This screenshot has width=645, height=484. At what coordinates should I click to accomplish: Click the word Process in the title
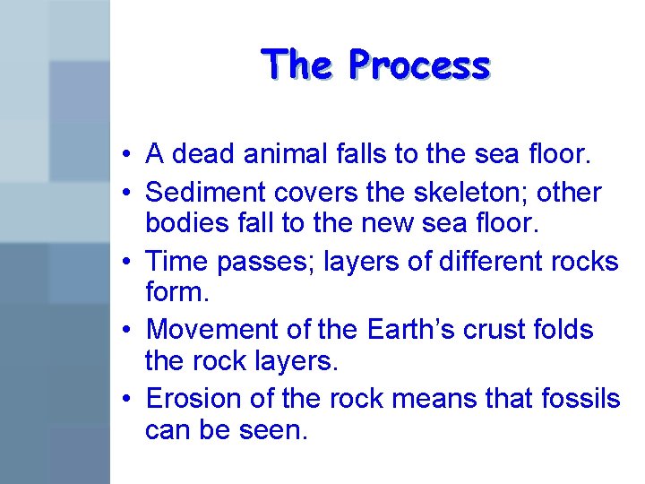(x=419, y=65)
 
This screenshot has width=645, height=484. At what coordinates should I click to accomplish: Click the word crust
(x=503, y=329)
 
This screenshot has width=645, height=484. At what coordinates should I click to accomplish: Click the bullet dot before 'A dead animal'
(x=130, y=156)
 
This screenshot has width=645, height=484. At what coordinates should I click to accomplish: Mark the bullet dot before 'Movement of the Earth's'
(x=130, y=331)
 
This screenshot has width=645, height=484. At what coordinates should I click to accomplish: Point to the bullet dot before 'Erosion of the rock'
(x=130, y=399)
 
